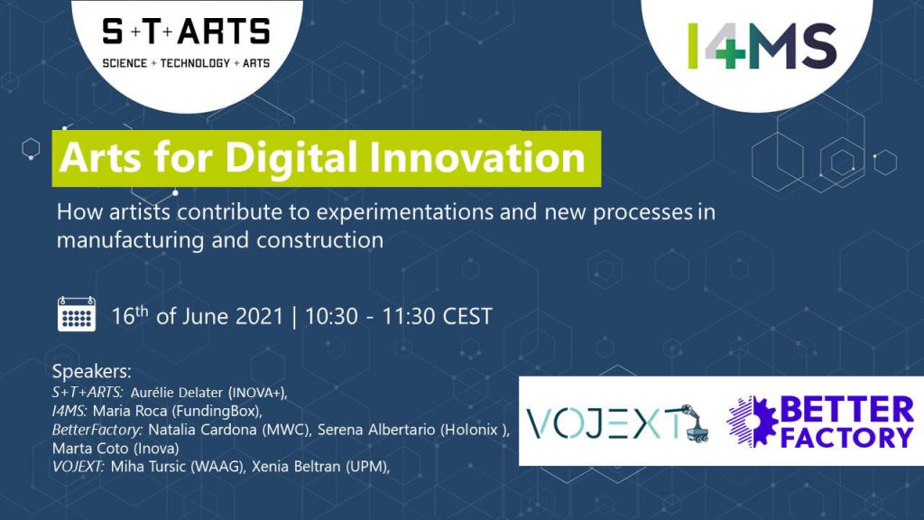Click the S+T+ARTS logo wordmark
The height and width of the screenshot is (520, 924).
click(x=186, y=32)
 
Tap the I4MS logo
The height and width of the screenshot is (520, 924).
click(x=762, y=46)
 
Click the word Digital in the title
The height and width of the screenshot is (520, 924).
click(x=291, y=158)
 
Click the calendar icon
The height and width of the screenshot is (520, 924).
click(x=77, y=313)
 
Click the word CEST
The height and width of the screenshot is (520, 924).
click(x=467, y=317)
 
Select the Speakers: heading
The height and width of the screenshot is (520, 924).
click(x=91, y=372)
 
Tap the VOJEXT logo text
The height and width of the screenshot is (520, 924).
click(x=603, y=424)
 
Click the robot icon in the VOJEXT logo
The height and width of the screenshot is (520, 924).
click(x=694, y=423)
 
